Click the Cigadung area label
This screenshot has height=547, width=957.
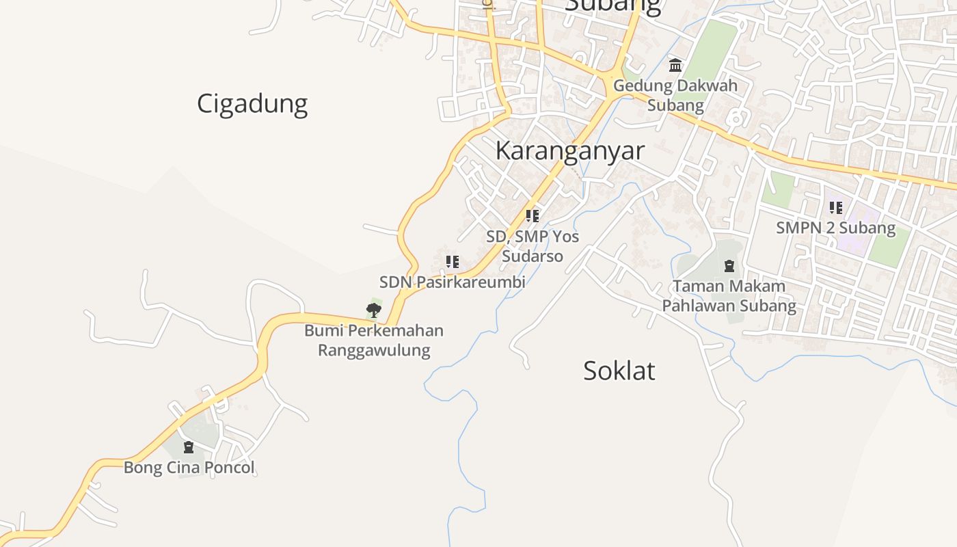[x=252, y=104]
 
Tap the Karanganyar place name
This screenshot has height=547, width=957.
[x=569, y=150]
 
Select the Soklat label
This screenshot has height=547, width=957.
[x=619, y=371]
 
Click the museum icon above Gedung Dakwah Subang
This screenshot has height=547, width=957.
[x=675, y=66]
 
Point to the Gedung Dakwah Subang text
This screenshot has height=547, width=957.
[x=675, y=96]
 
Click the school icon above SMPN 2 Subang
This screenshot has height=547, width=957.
[x=835, y=207]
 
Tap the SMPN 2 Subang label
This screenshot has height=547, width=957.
[x=835, y=228]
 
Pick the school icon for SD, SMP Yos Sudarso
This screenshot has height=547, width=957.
[x=533, y=216]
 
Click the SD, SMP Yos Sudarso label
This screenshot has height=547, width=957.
[x=533, y=246]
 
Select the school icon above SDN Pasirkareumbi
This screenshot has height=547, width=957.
[x=452, y=262]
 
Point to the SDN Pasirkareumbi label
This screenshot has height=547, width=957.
[x=452, y=282]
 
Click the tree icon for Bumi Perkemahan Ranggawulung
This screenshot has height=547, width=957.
[x=373, y=310]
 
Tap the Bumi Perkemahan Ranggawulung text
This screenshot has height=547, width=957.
[x=374, y=341]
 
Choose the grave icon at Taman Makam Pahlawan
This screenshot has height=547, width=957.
[x=729, y=265]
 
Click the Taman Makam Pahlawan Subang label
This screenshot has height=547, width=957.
[x=729, y=295]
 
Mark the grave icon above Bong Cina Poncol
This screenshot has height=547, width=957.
[x=189, y=447]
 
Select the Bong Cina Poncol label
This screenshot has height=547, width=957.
[x=189, y=468]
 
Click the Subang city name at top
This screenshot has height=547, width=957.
[x=613, y=5]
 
